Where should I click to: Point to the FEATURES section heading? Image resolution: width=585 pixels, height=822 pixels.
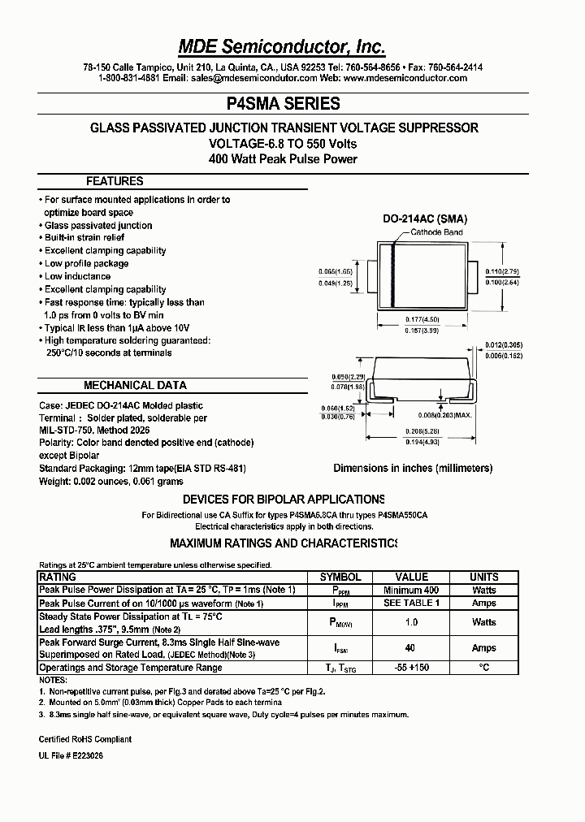coord(115,181)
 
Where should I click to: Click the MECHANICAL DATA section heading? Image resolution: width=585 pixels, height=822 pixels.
coord(135,385)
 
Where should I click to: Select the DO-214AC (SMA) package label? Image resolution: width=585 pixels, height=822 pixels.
coord(425,219)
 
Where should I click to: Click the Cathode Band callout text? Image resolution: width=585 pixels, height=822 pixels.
coord(436,232)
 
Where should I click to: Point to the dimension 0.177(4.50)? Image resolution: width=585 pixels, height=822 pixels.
coord(423,320)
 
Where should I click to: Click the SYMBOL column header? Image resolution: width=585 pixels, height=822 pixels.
coord(340,577)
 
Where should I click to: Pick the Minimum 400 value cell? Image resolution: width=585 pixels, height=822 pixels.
coord(411,590)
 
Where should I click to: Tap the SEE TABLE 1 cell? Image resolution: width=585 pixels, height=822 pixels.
coord(411,604)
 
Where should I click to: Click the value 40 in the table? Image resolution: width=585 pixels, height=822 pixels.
coord(410,648)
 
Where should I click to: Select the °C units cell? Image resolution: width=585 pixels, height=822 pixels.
coord(484,667)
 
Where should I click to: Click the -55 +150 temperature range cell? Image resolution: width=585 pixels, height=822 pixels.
coord(411,667)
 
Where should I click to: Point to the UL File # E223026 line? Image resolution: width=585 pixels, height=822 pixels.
coord(71,755)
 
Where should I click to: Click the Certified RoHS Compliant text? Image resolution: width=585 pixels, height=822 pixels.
coord(85,739)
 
